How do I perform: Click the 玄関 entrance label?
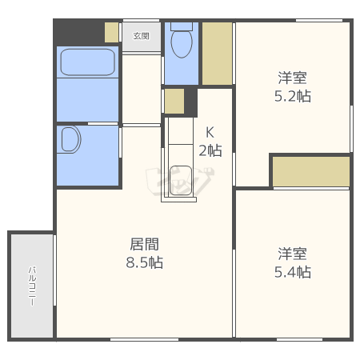141,36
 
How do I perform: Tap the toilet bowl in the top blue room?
182,43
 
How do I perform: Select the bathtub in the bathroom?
88,62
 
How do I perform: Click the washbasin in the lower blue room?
71,139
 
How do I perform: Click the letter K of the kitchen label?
210,132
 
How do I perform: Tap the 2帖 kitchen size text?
210,150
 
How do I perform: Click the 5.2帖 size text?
293,96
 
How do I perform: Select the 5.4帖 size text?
293,272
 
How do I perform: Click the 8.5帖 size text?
145,262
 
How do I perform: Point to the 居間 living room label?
145,244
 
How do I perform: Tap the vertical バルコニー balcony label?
32,286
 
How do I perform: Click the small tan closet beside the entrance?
111,32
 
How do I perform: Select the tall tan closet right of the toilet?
217,54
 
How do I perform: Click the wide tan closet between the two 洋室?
311,171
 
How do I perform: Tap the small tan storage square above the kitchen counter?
174,102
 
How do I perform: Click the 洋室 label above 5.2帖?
293,78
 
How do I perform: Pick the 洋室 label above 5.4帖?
293,254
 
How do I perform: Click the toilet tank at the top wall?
182,26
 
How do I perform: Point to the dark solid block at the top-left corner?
79,33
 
